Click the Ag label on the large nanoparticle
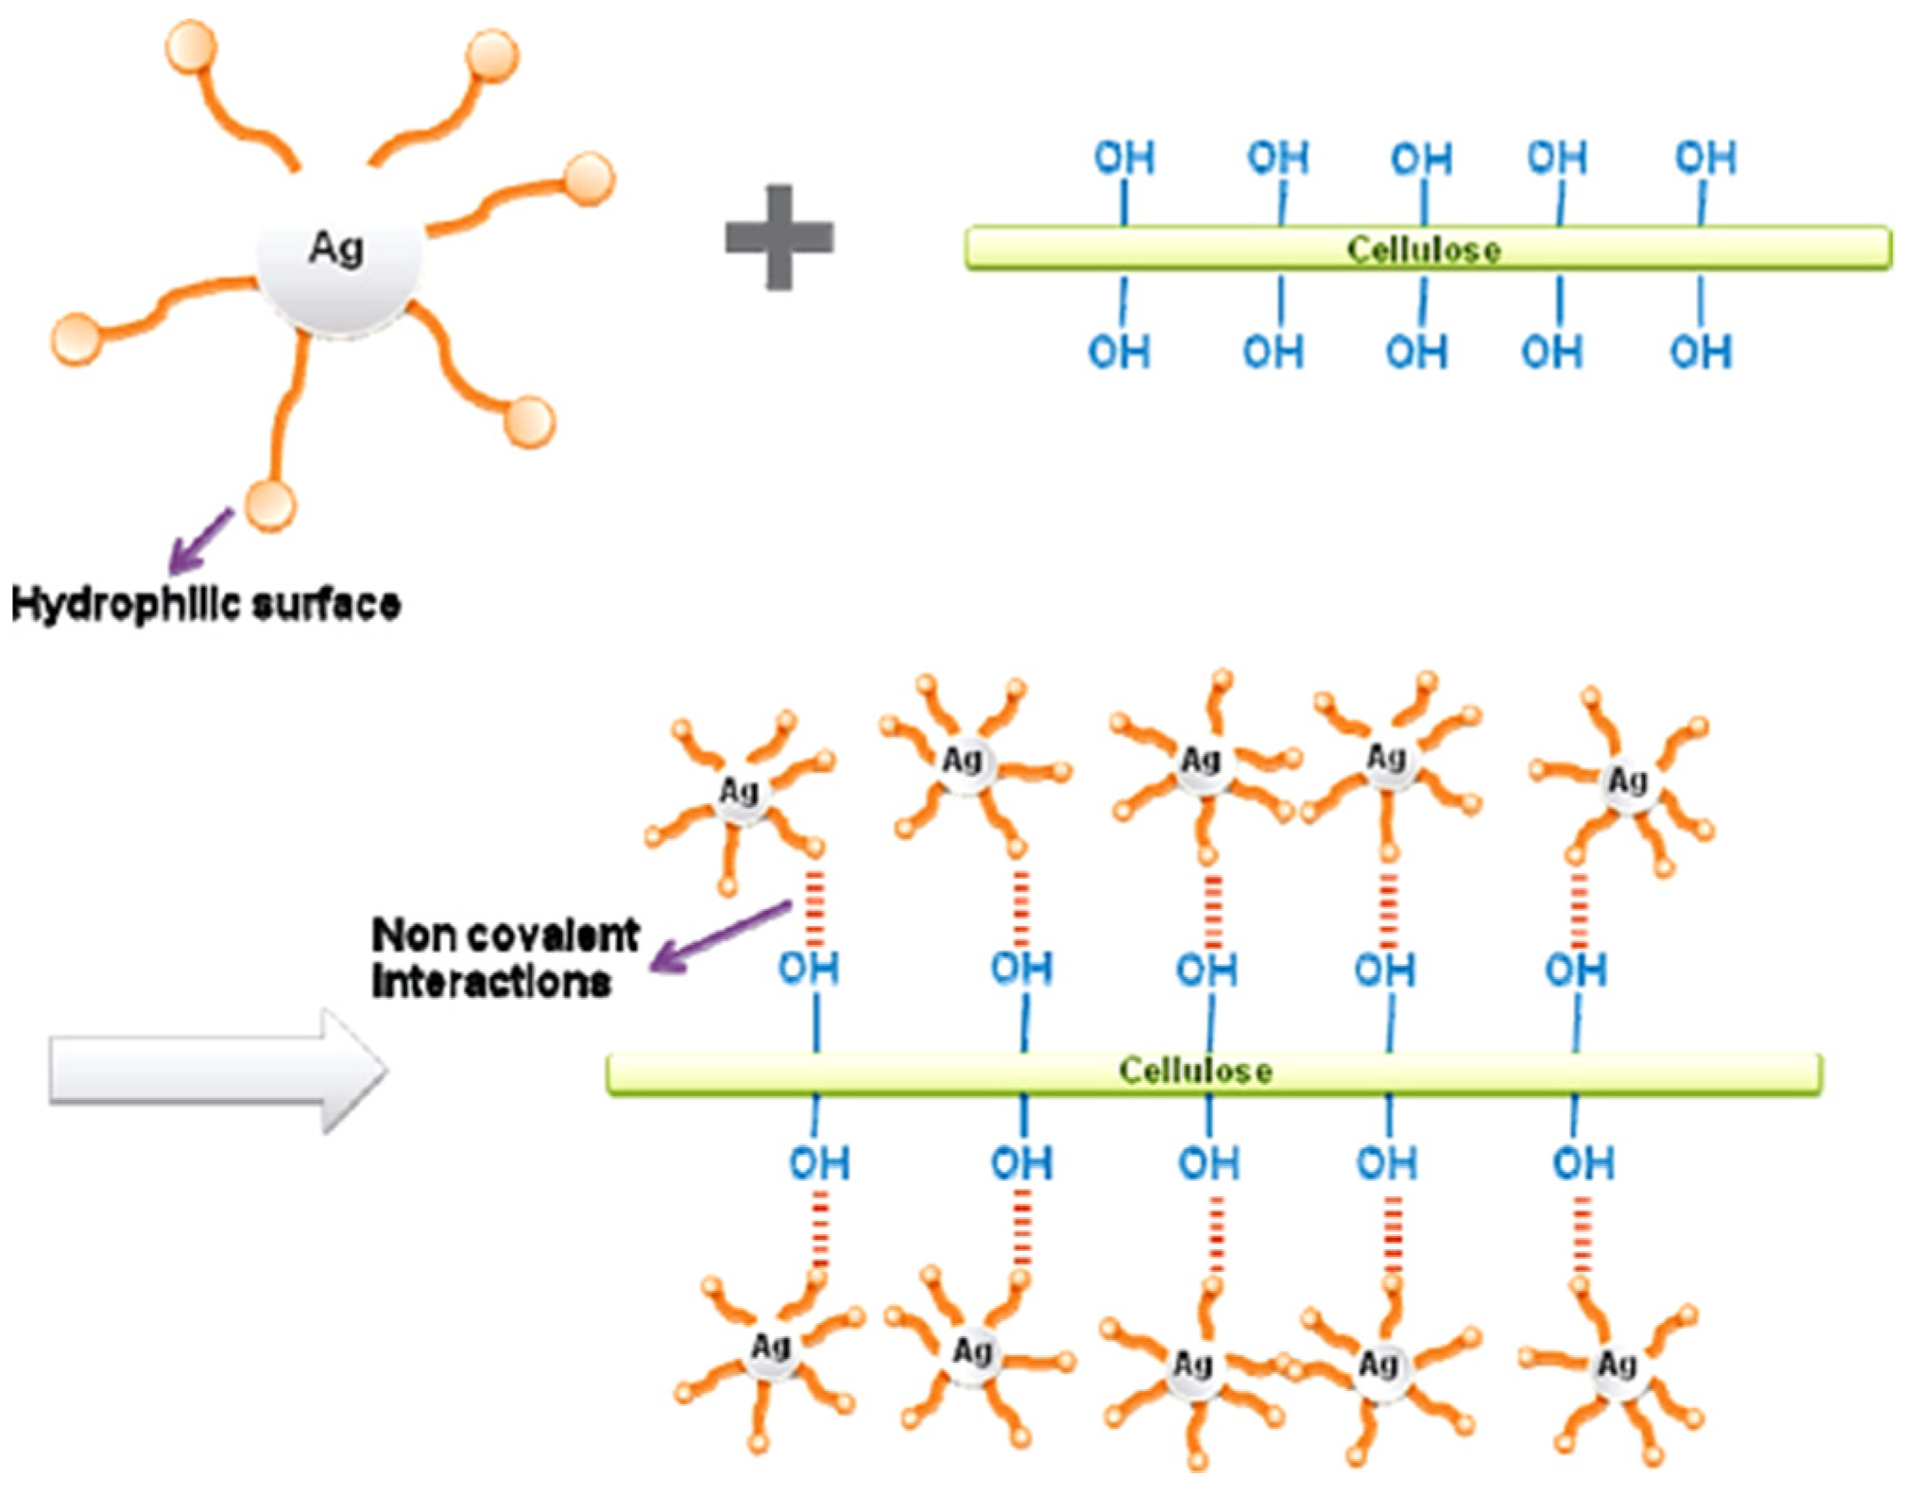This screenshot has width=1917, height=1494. pyautogui.click(x=336, y=249)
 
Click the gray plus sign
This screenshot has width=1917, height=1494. pyautogui.click(x=779, y=237)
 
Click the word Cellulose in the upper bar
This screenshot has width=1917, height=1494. pyautogui.click(x=1423, y=249)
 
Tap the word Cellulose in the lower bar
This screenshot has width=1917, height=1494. pyautogui.click(x=1195, y=1071)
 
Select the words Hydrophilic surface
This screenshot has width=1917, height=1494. pyautogui.click(x=206, y=603)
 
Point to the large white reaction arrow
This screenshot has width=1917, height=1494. pyautogui.click(x=217, y=1070)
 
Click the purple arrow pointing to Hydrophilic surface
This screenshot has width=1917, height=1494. pyautogui.click(x=200, y=542)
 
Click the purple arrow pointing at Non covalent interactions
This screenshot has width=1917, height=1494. pyautogui.click(x=720, y=937)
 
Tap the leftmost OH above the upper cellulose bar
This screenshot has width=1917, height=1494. pyautogui.click(x=1123, y=159)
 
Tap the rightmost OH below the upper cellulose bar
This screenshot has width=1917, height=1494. pyautogui.click(x=1700, y=352)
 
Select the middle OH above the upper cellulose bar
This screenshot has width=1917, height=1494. pyautogui.click(x=1421, y=159)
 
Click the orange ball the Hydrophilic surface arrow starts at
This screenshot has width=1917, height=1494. pyautogui.click(x=270, y=506)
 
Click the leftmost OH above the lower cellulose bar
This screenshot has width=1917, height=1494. pyautogui.click(x=808, y=969)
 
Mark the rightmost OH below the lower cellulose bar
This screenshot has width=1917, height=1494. pyautogui.click(x=1583, y=1163)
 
